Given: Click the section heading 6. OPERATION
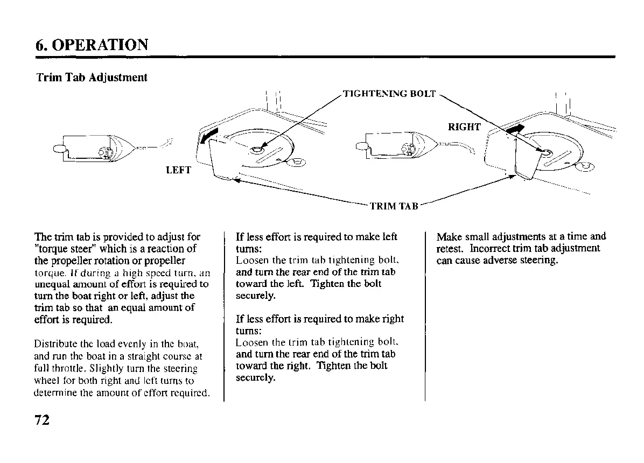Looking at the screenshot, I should click(x=92, y=44).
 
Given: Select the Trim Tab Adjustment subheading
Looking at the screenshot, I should click(x=92, y=78).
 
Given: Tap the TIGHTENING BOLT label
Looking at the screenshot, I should click(x=389, y=94).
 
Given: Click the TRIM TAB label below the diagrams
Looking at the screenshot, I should click(x=394, y=206).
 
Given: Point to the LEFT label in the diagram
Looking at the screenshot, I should click(x=179, y=171).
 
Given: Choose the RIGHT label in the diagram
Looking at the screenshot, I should click(x=464, y=127).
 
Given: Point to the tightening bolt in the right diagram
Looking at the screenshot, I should click(x=545, y=153).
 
